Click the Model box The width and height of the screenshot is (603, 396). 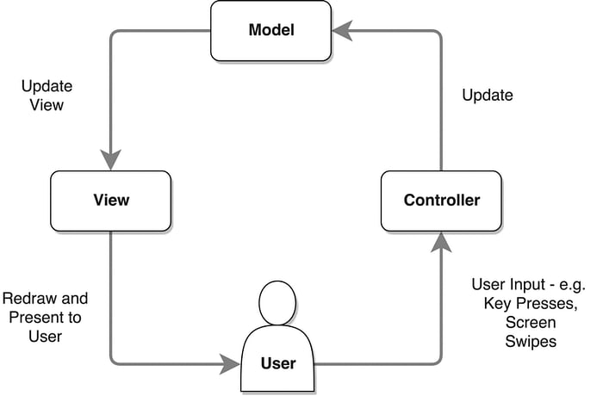click(x=270, y=31)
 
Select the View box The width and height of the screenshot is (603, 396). click(x=111, y=201)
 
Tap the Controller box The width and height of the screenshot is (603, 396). click(x=441, y=201)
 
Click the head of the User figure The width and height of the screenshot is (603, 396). click(x=277, y=303)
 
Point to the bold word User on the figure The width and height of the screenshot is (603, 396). click(x=278, y=363)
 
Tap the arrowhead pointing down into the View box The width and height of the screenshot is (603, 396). click(x=111, y=159)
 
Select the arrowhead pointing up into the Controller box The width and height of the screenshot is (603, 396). click(x=441, y=242)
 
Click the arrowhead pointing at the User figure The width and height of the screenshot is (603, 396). click(x=230, y=363)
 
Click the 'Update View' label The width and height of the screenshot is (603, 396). click(x=47, y=96)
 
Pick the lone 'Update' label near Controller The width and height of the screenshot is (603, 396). click(x=488, y=96)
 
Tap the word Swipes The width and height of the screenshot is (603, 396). click(x=531, y=342)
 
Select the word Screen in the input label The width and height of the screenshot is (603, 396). click(x=531, y=322)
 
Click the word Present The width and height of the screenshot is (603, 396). click(x=34, y=318)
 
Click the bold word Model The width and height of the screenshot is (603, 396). click(x=271, y=30)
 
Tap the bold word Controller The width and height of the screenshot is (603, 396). click(x=442, y=201)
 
